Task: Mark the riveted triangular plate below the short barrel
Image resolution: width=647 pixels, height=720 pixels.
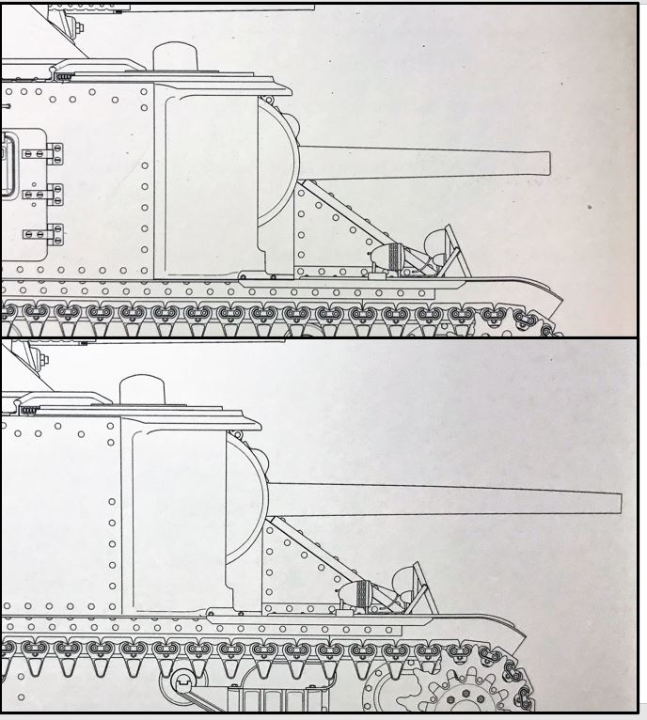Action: pyautogui.click(x=320, y=235)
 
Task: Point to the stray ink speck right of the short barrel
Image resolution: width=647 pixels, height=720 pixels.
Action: pyautogui.click(x=589, y=205)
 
